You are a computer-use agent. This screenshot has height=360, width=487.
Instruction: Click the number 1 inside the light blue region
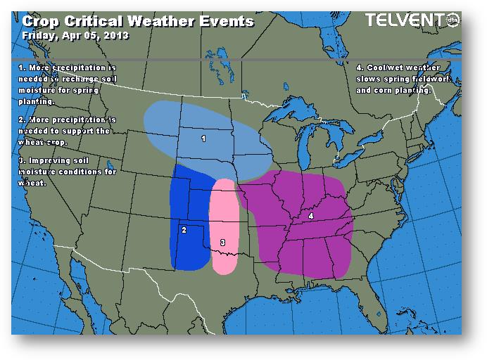(203, 139)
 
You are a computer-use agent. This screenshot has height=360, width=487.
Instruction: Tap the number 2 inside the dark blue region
(184, 230)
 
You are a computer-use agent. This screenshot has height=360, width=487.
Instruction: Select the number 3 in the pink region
(222, 243)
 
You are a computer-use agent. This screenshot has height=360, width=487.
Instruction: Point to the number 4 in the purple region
(310, 217)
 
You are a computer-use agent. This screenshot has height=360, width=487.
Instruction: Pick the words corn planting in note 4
(402, 91)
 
